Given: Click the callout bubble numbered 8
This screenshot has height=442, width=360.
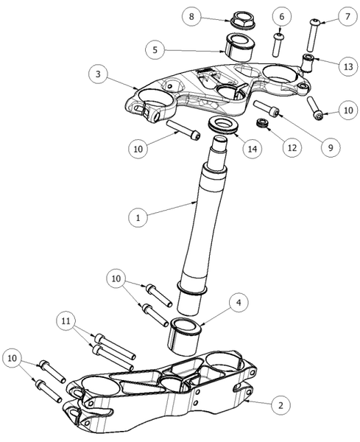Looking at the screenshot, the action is [191, 16].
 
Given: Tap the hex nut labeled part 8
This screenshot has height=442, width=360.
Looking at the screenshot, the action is [242, 20].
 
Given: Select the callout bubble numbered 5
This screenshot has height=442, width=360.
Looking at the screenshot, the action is [155, 50].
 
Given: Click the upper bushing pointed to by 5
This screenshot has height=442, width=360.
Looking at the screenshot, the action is [239, 47].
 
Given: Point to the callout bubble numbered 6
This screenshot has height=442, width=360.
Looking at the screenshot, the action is [282, 17].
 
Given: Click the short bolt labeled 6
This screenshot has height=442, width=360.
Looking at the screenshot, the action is [278, 45].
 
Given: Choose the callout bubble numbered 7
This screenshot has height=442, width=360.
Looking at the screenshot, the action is [347, 16].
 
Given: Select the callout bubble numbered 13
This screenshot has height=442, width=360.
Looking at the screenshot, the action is [348, 66].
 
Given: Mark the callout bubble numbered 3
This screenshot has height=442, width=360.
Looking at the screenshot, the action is [98, 74].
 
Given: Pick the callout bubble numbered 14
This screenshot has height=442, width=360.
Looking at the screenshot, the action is [252, 149].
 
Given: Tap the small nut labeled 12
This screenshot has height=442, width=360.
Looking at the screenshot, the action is [263, 123].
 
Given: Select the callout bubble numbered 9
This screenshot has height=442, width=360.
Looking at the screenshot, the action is [331, 147].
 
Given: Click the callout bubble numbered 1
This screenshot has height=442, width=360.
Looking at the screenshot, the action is [138, 217].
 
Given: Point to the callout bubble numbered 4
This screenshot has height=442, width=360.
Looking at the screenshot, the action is [239, 303].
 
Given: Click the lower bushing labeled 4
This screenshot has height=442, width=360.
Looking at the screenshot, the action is [186, 337].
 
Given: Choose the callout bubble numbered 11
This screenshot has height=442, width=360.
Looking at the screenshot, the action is [66, 320].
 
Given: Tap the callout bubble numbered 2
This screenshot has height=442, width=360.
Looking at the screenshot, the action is [280, 405].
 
